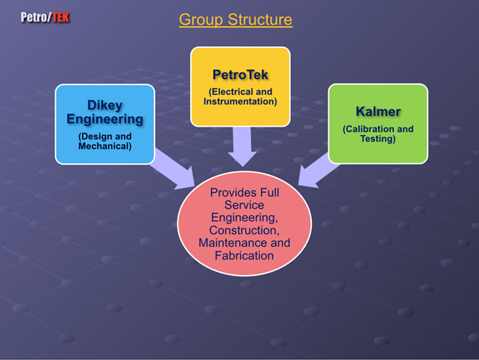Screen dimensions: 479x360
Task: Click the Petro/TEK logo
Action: pos(45,17)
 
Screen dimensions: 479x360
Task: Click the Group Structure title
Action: pos(236,19)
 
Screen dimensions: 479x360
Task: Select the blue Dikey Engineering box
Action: pos(104,124)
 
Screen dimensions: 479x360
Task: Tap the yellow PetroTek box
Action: pos(240,86)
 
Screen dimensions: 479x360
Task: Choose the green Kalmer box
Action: pos(378,124)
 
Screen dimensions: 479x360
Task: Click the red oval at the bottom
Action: pos(245,224)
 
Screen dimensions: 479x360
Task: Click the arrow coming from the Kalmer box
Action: pos(318,171)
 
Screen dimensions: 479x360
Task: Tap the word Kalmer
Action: pos(378,111)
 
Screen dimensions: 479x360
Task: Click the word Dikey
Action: pos(104,105)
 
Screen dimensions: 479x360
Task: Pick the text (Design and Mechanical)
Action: pos(104,141)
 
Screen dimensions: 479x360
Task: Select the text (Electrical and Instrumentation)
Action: pos(240,96)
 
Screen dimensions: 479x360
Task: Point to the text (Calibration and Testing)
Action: pos(378,133)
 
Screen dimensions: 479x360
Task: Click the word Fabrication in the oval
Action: pos(244,256)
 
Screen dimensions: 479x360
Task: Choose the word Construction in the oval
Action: pos(244,230)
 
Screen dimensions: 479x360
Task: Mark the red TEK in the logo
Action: pos(60,17)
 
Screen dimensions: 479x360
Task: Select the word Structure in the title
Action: pos(260,19)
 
